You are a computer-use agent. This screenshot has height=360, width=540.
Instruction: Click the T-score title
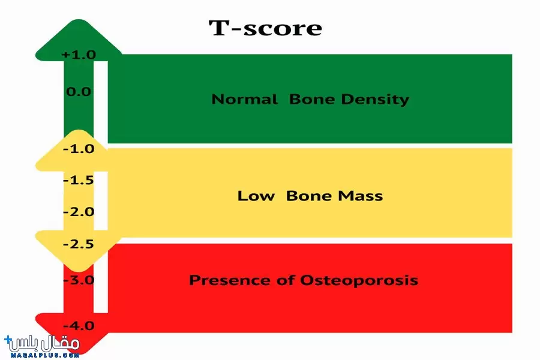pos(265,28)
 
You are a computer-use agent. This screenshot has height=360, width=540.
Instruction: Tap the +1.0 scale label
pos(79,55)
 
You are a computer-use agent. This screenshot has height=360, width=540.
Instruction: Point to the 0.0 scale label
pos(79,92)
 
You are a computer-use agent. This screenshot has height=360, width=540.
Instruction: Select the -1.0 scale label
pos(79,148)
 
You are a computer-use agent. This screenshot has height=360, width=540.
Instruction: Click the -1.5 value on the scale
pos(79,180)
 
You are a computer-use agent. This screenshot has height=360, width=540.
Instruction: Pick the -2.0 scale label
pos(79,212)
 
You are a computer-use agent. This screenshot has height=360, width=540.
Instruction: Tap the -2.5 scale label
pos(79,244)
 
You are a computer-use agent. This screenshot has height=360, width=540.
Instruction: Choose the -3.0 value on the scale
pos(79,280)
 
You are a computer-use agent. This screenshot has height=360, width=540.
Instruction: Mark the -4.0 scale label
pos(79,326)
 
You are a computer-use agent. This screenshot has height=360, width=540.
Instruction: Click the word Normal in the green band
pos(245,99)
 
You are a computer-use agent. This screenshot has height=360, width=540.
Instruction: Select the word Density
pos(375,100)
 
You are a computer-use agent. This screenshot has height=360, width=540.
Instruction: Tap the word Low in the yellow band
pos(256,196)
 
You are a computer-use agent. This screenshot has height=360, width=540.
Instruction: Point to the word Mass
pos(360,196)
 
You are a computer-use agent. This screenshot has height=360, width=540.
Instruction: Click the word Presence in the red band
pos(230,280)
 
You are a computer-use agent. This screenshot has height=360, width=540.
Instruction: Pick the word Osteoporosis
pos(359,280)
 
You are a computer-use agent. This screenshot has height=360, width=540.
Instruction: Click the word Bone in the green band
pos(311,99)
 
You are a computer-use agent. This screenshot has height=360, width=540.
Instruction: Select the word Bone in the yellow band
pos(308,196)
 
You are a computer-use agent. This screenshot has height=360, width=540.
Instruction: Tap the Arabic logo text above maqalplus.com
pos(43,343)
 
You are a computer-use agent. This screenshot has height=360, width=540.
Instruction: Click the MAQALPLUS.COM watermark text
pos(45,355)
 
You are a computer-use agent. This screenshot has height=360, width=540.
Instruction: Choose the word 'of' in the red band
pos(286,280)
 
